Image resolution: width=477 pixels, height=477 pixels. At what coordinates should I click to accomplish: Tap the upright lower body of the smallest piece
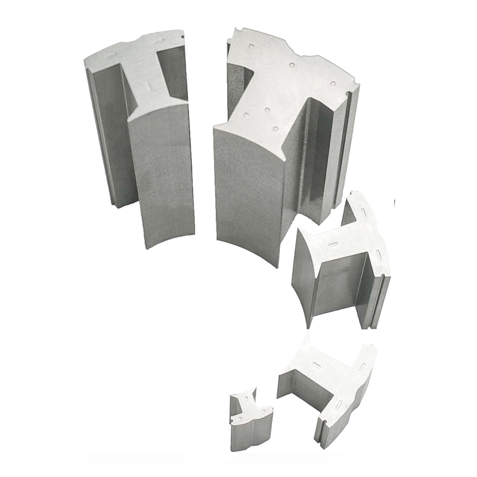tap(250, 435)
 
